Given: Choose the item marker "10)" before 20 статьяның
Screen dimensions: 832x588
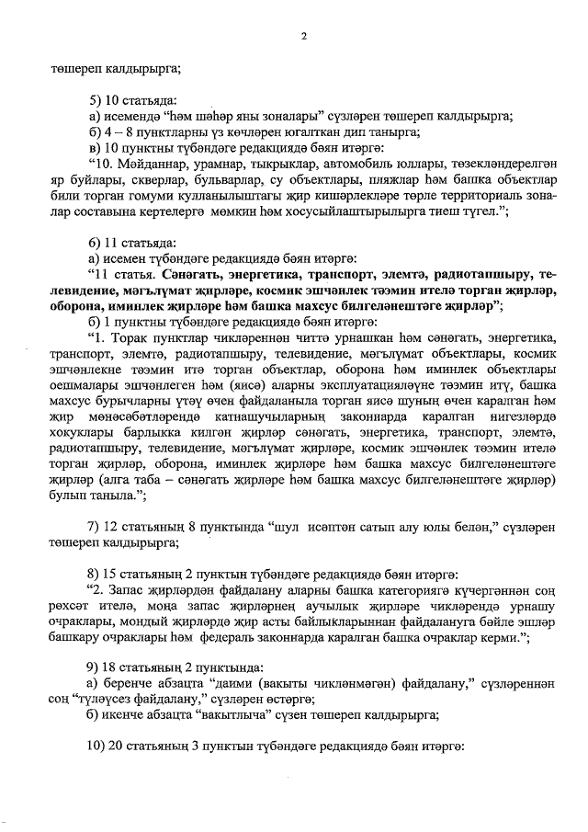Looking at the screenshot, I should click(x=96, y=747).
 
